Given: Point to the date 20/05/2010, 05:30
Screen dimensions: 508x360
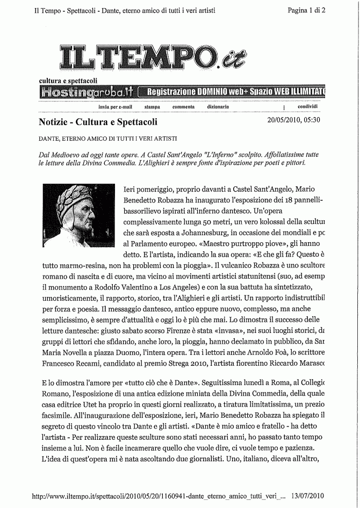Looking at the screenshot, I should coord(293,119).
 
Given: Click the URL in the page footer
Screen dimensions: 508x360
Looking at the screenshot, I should coord(154,495).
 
